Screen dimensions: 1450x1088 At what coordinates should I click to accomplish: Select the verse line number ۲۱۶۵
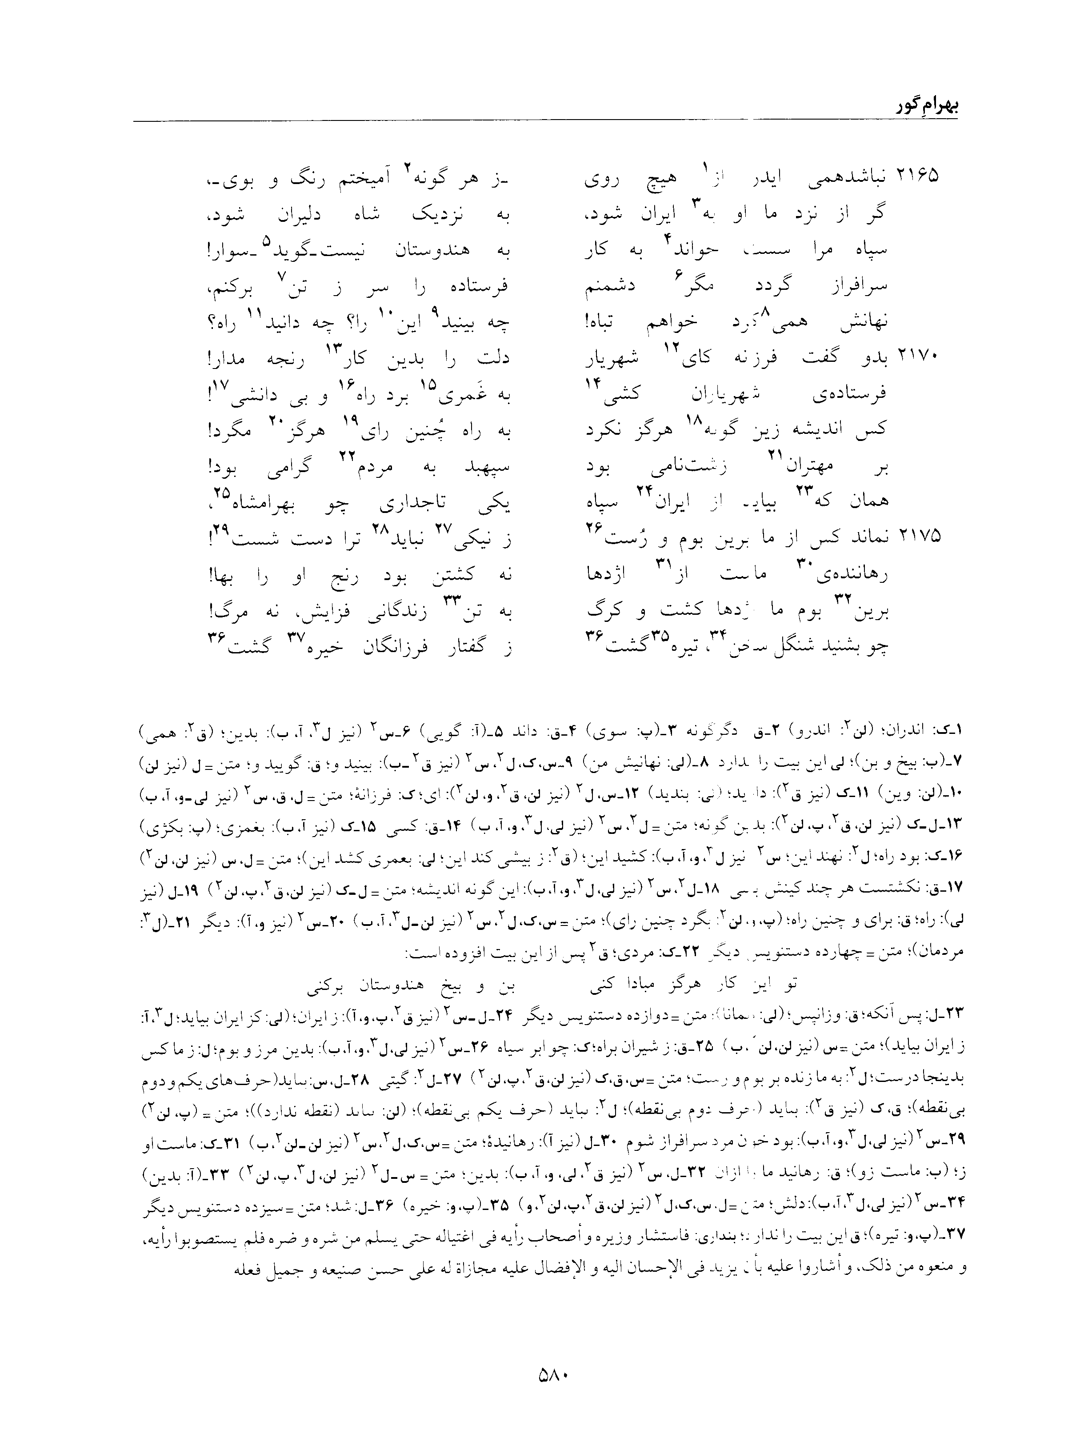(918, 176)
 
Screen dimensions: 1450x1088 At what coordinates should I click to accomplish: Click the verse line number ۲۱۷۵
(918, 536)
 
